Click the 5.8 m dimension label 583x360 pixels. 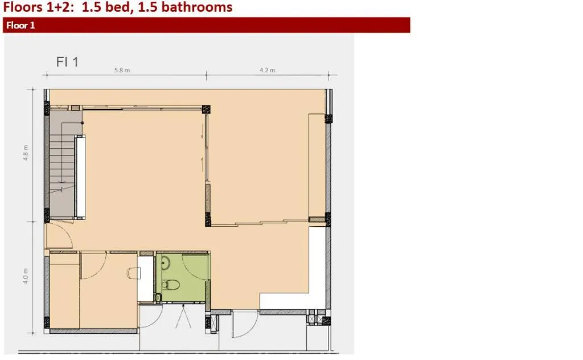(122, 70)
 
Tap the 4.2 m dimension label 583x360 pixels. (268, 70)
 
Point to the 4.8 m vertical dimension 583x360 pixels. (26, 153)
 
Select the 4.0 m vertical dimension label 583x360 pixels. (26, 276)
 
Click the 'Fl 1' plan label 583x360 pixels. (67, 62)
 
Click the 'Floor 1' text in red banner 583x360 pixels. (21, 25)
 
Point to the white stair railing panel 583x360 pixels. (80, 177)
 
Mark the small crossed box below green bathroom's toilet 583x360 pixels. (158, 298)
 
